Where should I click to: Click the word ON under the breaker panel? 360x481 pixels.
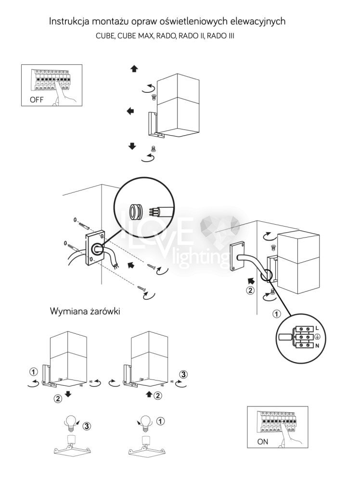pos(263,442)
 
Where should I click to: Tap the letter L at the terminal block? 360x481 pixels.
pos(317,328)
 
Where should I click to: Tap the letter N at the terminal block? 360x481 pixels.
pos(317,345)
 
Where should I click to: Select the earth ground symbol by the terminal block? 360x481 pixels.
pos(317,336)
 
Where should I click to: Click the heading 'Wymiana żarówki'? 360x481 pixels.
pos(85,311)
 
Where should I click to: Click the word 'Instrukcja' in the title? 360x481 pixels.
pos(69,22)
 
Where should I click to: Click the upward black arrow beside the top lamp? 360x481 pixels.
pos(134,69)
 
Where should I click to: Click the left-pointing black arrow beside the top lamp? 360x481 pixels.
pos(130,111)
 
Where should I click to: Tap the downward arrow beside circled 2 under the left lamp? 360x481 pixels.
pos(69,394)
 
